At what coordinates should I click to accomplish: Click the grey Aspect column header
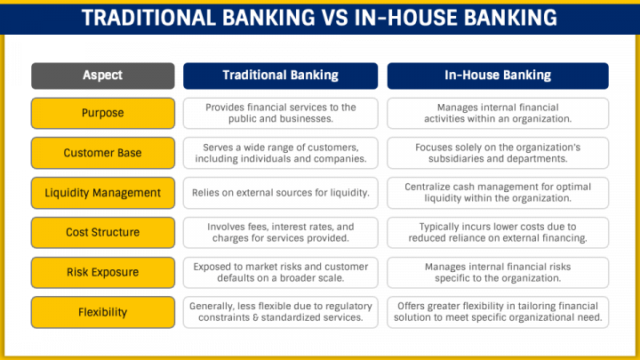(101, 76)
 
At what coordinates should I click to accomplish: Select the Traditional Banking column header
(280, 76)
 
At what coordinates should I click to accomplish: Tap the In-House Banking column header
(497, 76)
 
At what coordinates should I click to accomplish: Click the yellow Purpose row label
(101, 114)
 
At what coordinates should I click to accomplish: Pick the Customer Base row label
(101, 153)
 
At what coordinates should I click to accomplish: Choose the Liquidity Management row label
(101, 193)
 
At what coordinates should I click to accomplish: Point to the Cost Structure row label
(101, 232)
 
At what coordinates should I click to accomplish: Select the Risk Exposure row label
(101, 272)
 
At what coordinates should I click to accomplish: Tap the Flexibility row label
(101, 312)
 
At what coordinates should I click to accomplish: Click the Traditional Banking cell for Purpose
(280, 114)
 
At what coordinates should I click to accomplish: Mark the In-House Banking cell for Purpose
(497, 114)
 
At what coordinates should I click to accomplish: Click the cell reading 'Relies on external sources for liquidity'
(280, 193)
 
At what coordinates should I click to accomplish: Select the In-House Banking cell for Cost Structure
(497, 232)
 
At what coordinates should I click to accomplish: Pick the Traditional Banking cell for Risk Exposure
(280, 272)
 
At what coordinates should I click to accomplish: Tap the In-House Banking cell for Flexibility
(497, 312)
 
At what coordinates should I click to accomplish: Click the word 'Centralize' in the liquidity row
(432, 187)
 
